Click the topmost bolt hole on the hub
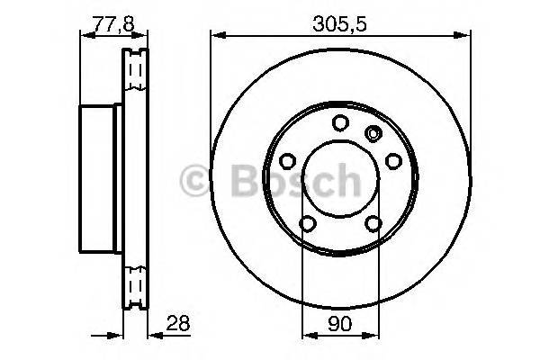(x=340, y=123)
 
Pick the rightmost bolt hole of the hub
(x=393, y=160)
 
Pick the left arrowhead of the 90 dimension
(x=305, y=337)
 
